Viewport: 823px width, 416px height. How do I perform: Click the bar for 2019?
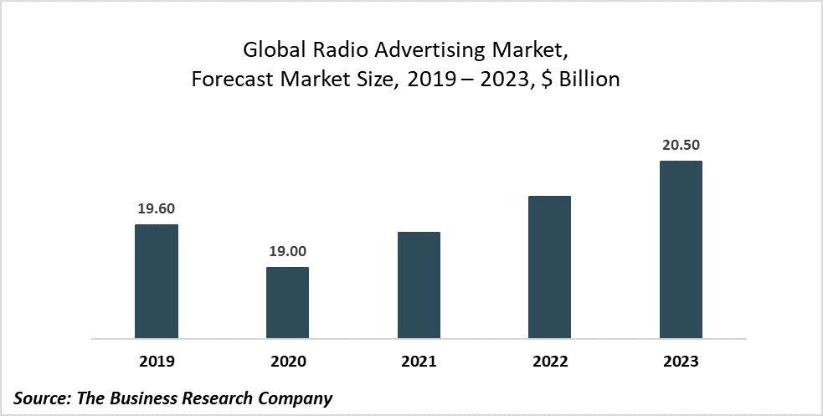[157, 281]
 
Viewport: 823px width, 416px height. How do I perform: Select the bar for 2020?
[287, 303]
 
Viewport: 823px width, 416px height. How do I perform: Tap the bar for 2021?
[419, 285]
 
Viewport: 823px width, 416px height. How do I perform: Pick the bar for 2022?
[549, 267]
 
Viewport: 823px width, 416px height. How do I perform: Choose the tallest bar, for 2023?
[681, 249]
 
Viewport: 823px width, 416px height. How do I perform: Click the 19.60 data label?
[157, 208]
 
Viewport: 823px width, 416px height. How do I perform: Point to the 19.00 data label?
[287, 251]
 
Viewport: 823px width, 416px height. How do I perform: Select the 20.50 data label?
[681, 145]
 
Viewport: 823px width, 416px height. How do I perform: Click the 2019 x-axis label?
[157, 362]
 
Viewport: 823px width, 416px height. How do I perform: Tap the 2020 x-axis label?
[287, 362]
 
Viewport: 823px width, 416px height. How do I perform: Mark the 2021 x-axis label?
[419, 362]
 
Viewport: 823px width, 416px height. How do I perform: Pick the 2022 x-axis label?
[549, 362]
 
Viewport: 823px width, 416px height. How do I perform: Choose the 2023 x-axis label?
[681, 362]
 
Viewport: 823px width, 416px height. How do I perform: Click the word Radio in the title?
[336, 50]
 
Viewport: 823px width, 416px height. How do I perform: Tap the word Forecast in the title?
[229, 80]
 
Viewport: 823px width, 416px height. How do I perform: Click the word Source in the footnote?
[41, 398]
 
